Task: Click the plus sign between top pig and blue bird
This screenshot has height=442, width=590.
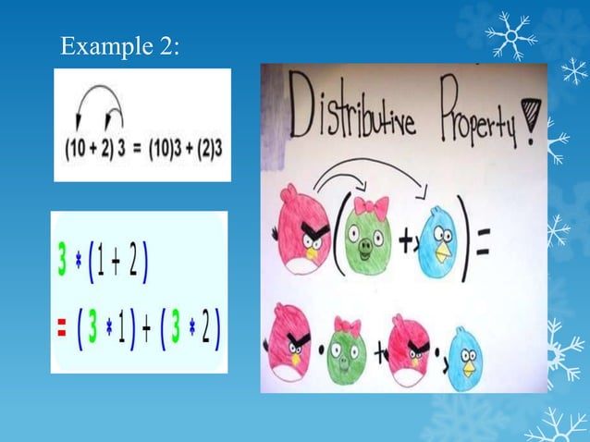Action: [x=404, y=242]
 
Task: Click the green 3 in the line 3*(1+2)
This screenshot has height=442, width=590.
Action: [x=62, y=265]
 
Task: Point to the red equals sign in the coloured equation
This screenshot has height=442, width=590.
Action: [x=60, y=329]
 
